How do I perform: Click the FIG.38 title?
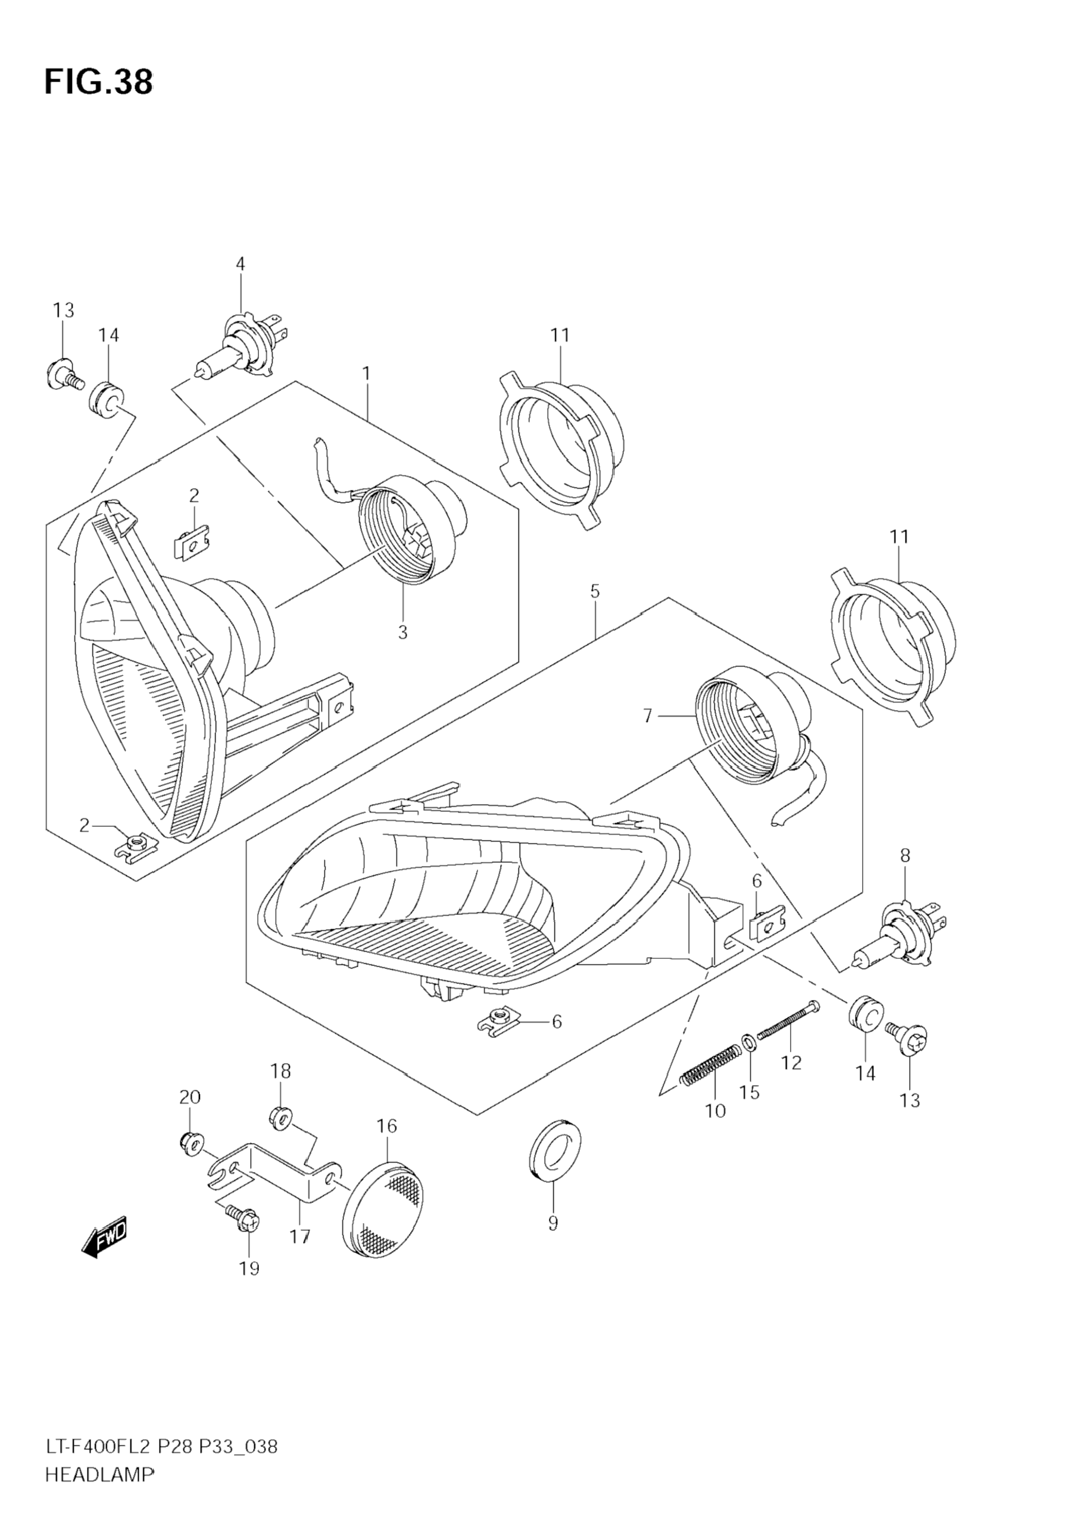(98, 82)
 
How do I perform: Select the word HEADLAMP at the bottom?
(99, 1488)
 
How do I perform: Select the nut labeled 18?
(280, 1118)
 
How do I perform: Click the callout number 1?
(366, 374)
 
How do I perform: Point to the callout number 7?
(648, 716)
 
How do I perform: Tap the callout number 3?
(402, 632)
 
